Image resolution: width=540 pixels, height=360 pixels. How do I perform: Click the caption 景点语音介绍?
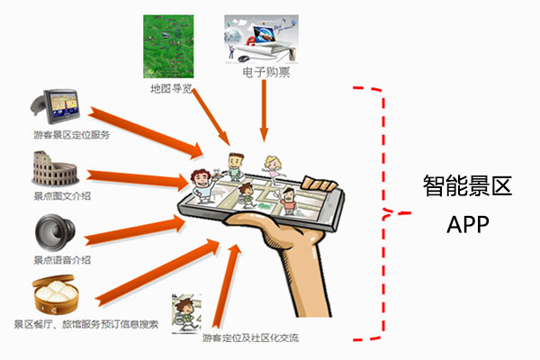click(x=62, y=260)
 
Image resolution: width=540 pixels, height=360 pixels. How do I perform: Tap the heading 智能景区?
click(x=467, y=187)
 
